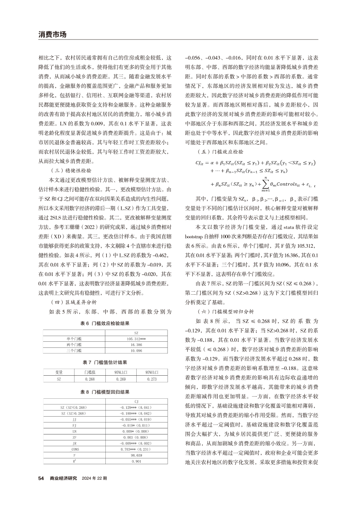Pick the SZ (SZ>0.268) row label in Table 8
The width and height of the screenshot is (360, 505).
point(74,413)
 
